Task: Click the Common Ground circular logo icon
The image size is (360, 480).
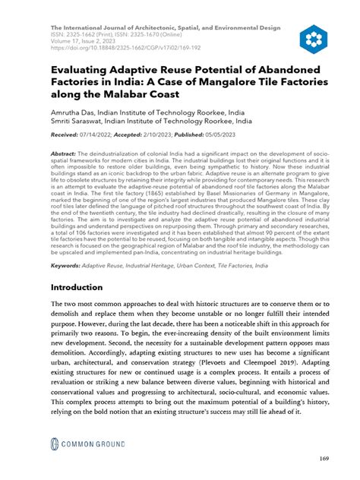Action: pos(56,445)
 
